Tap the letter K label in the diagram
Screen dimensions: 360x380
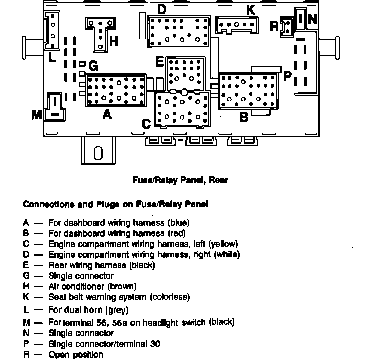click(250, 10)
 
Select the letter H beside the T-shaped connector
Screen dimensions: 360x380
click(114, 42)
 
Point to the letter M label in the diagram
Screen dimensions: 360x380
click(37, 115)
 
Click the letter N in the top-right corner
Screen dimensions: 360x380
click(312, 19)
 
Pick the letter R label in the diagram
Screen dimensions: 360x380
click(274, 26)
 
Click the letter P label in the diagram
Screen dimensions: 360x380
click(287, 76)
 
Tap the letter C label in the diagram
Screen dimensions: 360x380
click(146, 124)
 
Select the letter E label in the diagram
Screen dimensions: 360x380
click(160, 62)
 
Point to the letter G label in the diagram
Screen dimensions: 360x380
click(93, 66)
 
